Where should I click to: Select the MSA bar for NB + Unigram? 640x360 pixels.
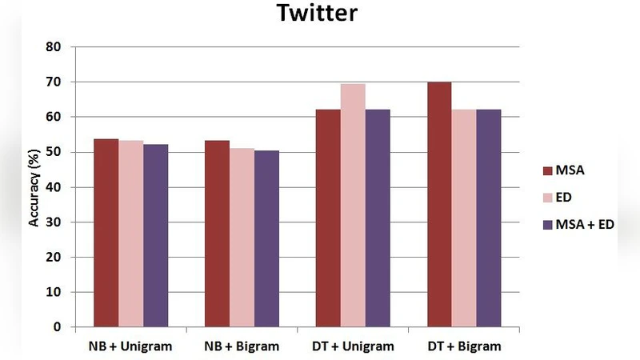point(106,233)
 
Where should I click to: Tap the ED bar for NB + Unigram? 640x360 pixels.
point(131,234)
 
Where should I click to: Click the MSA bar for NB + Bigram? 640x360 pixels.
point(217,234)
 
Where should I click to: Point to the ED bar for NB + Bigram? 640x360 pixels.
point(242,238)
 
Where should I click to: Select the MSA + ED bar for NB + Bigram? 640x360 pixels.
point(266,238)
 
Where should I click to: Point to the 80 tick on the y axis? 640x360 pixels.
point(54,46)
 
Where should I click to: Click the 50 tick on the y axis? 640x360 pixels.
point(54,152)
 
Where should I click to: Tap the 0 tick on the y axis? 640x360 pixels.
point(57,327)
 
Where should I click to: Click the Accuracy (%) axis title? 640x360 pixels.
point(34,186)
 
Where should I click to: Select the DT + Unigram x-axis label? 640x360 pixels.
point(353,346)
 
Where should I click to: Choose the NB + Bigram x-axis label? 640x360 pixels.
point(242,346)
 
